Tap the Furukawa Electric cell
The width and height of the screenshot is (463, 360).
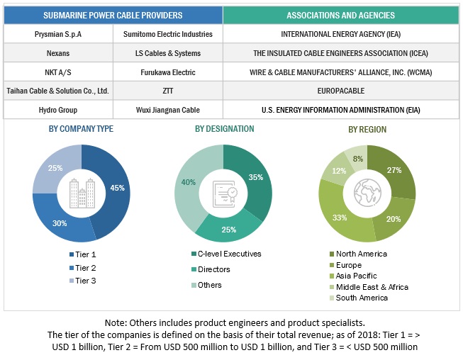[x=168, y=72]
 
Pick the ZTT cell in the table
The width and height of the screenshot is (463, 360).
[x=168, y=91]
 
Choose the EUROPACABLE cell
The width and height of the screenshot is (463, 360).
[x=341, y=91]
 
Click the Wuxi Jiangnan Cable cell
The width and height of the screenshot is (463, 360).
[x=168, y=110]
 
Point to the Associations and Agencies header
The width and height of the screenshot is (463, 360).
[x=341, y=15]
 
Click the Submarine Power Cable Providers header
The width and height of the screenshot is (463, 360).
[x=113, y=15]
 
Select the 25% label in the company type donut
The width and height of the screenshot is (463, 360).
[x=55, y=168]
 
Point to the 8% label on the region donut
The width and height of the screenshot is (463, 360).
[x=357, y=159]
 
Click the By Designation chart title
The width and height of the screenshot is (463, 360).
[x=224, y=129]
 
